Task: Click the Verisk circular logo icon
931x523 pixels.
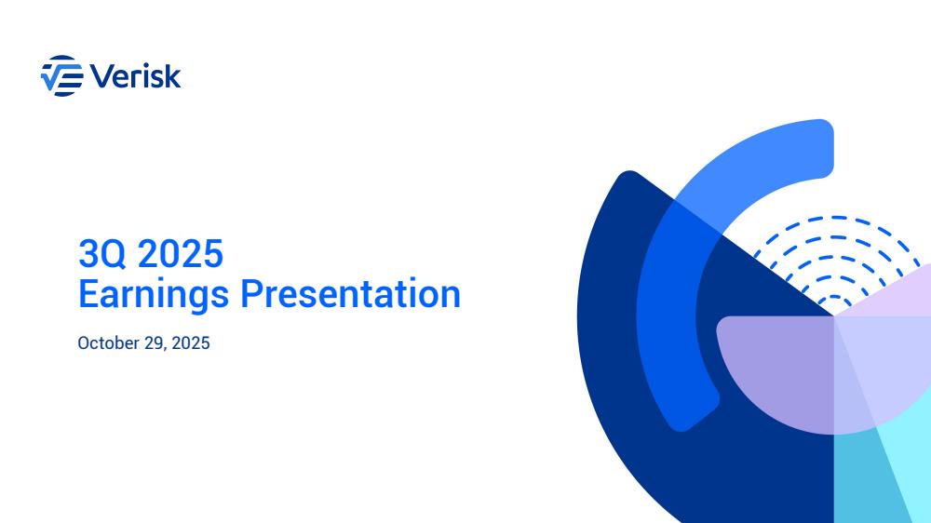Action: click(x=61, y=76)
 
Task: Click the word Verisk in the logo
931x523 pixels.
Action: click(x=135, y=76)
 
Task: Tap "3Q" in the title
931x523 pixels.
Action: click(x=102, y=254)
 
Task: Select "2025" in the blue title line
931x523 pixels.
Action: click(x=180, y=253)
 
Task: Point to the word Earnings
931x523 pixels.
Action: click(x=154, y=295)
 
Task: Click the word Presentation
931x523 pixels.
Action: click(x=350, y=294)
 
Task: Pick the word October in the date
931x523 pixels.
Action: click(x=109, y=343)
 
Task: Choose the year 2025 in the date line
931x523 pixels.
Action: click(x=191, y=343)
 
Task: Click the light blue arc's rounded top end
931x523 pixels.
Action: click(x=822, y=147)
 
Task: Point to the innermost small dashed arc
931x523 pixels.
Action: click(x=835, y=298)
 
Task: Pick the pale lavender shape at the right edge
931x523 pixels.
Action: click(x=897, y=297)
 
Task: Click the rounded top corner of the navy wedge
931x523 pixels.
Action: click(x=629, y=176)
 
